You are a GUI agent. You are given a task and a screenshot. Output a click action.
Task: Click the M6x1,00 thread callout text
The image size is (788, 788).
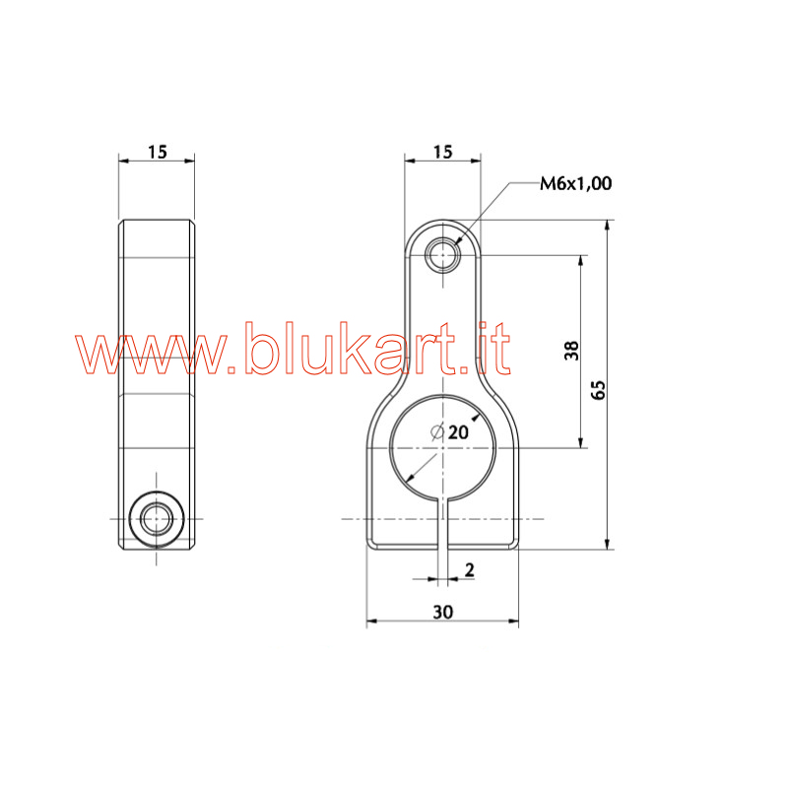[576, 183]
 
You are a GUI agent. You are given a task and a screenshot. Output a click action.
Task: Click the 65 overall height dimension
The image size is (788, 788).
[598, 390]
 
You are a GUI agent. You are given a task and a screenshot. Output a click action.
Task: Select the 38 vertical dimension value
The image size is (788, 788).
[571, 351]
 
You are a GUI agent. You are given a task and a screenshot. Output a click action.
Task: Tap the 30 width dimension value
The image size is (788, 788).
[442, 612]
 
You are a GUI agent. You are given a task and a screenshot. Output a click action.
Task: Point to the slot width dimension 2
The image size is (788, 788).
[470, 570]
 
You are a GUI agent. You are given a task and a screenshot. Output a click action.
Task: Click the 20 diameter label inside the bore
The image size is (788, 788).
[458, 432]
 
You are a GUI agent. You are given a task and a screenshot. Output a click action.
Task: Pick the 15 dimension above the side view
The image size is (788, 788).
[157, 152]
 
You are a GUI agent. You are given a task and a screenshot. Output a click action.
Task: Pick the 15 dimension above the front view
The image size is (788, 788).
[442, 152]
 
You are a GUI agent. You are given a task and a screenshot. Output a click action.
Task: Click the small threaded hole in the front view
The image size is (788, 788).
[442, 255]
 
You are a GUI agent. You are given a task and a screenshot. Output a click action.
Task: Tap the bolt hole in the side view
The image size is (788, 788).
[157, 519]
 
